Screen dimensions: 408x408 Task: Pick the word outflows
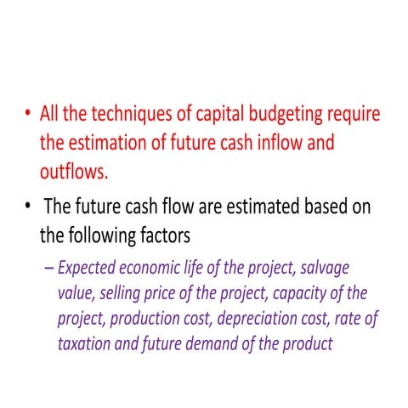(x=74, y=172)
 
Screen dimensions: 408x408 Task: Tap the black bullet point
(x=29, y=206)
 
